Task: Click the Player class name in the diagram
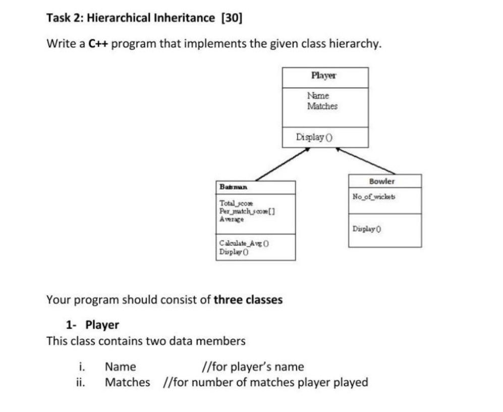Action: (323, 76)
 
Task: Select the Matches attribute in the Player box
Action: (322, 106)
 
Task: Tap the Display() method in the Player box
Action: (309, 137)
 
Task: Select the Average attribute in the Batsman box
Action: (232, 219)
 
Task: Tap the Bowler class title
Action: (382, 181)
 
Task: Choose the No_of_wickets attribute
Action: (374, 196)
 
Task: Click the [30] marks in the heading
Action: (232, 19)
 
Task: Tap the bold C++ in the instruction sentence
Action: (98, 43)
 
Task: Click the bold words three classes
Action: (248, 300)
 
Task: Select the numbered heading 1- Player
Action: (93, 324)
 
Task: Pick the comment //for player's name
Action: (252, 367)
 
